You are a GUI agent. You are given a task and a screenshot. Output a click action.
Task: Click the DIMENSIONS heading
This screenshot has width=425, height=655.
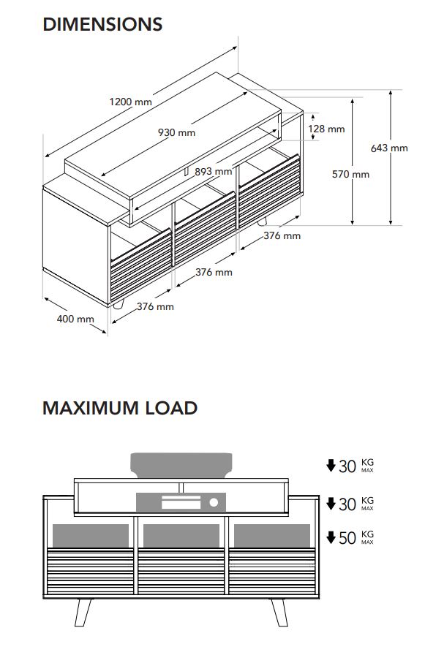coord(102,24)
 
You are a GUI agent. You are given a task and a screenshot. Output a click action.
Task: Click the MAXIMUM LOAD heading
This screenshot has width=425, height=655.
coord(120,408)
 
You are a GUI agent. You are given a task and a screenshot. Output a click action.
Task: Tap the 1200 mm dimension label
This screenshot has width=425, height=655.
coord(130,102)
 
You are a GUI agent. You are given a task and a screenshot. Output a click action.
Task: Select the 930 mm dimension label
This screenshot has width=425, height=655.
coord(176,132)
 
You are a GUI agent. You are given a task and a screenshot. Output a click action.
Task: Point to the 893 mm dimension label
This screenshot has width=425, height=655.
coord(213,171)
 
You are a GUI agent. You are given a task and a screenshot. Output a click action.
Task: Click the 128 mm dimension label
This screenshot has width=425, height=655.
coord(326,129)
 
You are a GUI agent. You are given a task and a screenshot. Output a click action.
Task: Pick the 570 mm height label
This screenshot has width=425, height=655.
coord(350,174)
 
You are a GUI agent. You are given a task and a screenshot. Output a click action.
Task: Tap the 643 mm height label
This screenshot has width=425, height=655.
coord(389,148)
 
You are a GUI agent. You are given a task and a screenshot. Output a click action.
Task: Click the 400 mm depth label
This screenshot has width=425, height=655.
coord(75,319)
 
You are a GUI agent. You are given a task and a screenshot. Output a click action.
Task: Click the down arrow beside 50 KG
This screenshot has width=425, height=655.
coord(331,537)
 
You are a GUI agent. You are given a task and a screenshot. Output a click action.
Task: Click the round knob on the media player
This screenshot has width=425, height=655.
coord(214,502)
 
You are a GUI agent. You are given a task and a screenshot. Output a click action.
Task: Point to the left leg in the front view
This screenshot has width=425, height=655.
coord(83,613)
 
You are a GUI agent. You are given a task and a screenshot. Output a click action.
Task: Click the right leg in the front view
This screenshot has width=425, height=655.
coord(279,613)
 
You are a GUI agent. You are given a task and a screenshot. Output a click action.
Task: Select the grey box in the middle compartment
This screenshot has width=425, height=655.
coord(181,536)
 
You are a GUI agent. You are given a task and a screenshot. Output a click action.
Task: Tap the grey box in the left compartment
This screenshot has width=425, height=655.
coord(91,536)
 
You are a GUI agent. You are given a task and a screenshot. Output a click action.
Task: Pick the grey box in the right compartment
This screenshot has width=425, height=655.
coord(272,536)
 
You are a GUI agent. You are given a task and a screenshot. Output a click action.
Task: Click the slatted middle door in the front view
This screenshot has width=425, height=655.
coord(181,571)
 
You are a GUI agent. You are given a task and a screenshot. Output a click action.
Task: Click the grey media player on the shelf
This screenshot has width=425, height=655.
coord(181,502)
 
